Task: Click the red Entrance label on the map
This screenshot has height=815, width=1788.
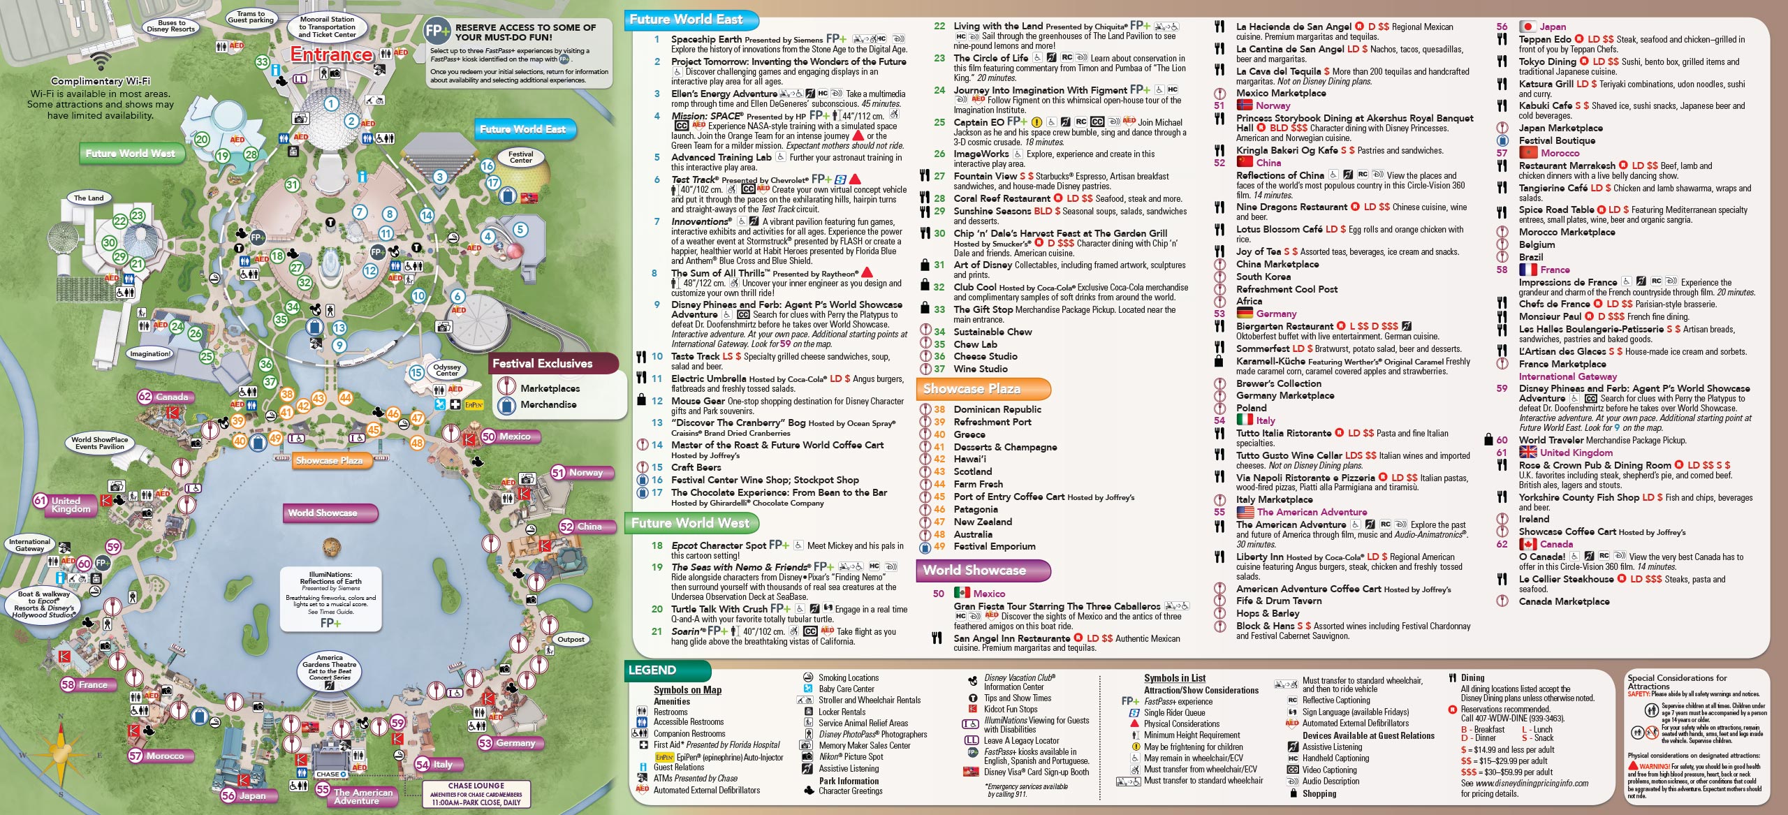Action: [x=332, y=54]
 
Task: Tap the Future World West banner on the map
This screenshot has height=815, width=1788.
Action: [x=131, y=154]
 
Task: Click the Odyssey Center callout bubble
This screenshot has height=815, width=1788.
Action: [x=447, y=369]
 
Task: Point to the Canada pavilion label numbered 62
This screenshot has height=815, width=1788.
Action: [x=165, y=397]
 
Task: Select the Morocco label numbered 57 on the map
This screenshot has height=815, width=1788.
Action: [x=158, y=756]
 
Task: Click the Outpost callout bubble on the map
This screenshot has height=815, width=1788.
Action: [x=571, y=639]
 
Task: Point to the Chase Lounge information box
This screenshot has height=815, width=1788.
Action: [x=476, y=794]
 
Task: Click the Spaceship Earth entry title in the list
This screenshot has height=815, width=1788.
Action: [x=706, y=39]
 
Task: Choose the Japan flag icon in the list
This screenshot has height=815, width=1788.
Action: [x=1527, y=27]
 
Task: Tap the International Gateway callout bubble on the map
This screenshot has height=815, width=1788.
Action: [x=29, y=545]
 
